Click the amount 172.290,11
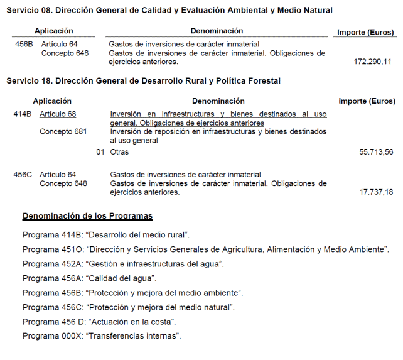point(373,62)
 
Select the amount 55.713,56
point(376,152)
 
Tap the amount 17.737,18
point(376,192)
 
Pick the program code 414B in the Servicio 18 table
point(22,114)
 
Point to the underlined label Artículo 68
point(58,114)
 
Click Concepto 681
point(63,132)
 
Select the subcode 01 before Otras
point(100,152)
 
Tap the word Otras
point(119,152)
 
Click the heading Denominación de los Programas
point(88,216)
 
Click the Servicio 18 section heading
point(143,81)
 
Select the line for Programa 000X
point(102,336)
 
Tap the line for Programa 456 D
point(99,322)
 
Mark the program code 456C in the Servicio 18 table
point(23,175)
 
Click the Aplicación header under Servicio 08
point(54,31)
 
